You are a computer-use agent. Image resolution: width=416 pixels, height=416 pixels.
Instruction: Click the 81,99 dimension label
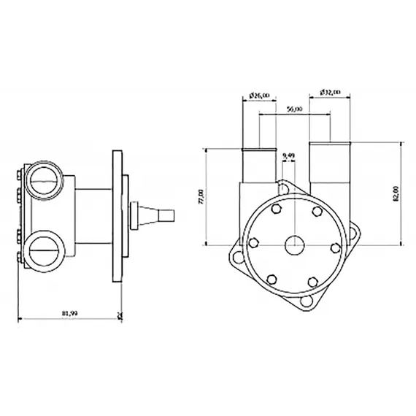click(69, 314)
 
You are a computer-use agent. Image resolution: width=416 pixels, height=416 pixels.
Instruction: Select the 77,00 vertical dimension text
click(202, 196)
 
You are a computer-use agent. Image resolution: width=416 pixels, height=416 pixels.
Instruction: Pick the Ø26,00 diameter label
click(259, 94)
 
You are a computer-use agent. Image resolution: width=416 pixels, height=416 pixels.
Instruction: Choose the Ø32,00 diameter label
click(330, 93)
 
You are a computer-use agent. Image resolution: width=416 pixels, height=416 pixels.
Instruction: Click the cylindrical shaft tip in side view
click(167, 215)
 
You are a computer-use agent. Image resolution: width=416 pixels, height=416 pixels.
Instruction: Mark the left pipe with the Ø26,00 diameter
click(259, 168)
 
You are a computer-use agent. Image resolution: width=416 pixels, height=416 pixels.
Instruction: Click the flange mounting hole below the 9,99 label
click(283, 188)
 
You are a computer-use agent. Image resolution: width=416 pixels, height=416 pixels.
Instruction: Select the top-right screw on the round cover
click(317, 211)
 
